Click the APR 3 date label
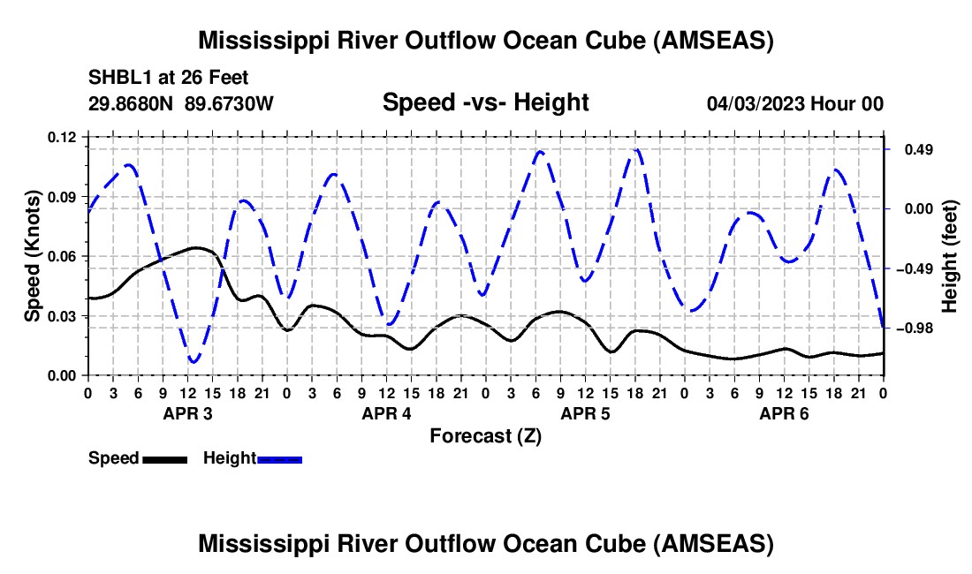pos(186,413)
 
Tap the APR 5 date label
pos(585,413)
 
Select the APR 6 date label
pos(784,413)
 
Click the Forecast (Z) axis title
pos(485,436)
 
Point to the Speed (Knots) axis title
pos(32,256)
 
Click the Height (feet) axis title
pos(949,256)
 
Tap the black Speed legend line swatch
pos(164,459)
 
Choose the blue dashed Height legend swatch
pos(279,459)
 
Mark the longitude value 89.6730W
pos(229,103)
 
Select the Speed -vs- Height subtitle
pos(485,102)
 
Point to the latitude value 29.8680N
pos(132,103)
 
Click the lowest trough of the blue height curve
pos(194,362)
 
